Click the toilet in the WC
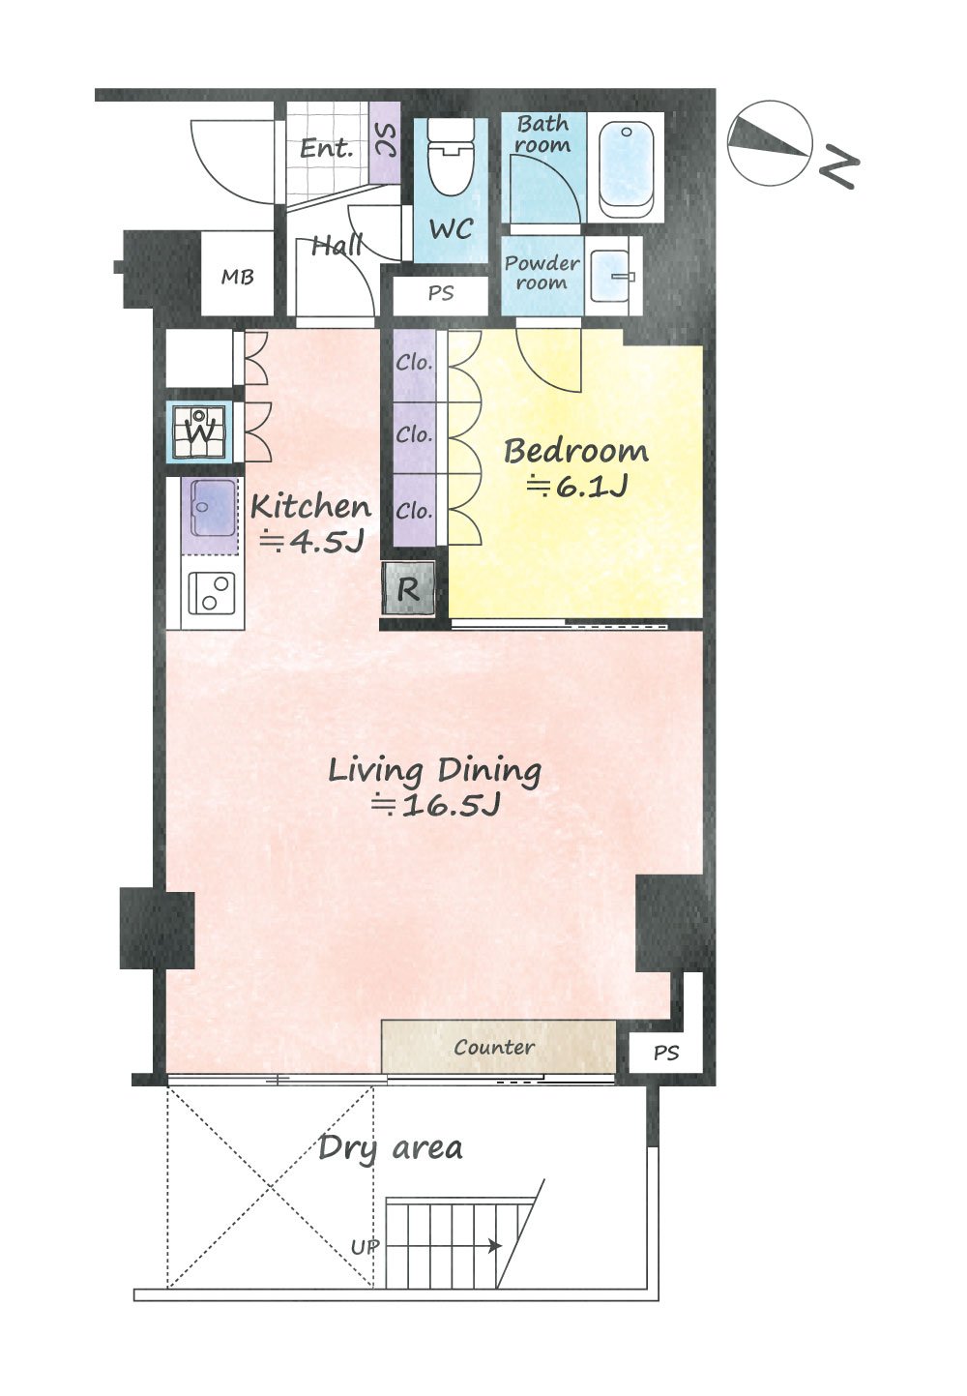451,157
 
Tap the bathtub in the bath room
626,167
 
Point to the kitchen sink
213,508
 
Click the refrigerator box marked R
408,587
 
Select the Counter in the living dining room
498,1047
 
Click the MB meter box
237,273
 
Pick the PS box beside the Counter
665,1054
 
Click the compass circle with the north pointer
770,143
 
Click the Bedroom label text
575,451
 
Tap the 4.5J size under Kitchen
311,541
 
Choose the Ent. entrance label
327,148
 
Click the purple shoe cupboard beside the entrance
385,143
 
